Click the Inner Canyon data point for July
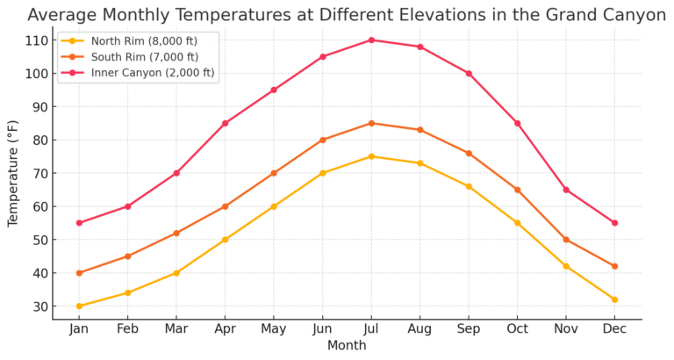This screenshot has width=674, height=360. click(371, 40)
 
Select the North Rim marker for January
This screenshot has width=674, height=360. click(79, 306)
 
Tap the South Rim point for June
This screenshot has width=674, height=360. click(323, 140)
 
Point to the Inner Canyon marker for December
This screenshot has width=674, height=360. click(614, 223)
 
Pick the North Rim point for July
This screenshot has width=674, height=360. click(371, 156)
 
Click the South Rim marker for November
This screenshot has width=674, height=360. click(566, 240)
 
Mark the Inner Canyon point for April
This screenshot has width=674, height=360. click(225, 123)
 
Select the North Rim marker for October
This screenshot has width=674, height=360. click(517, 223)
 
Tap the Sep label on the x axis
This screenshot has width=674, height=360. click(469, 329)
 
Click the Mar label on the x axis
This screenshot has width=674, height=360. click(176, 329)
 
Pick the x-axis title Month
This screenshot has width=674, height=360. click(347, 346)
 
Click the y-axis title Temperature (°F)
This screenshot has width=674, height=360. click(13, 174)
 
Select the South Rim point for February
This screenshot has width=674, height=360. click(127, 256)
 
